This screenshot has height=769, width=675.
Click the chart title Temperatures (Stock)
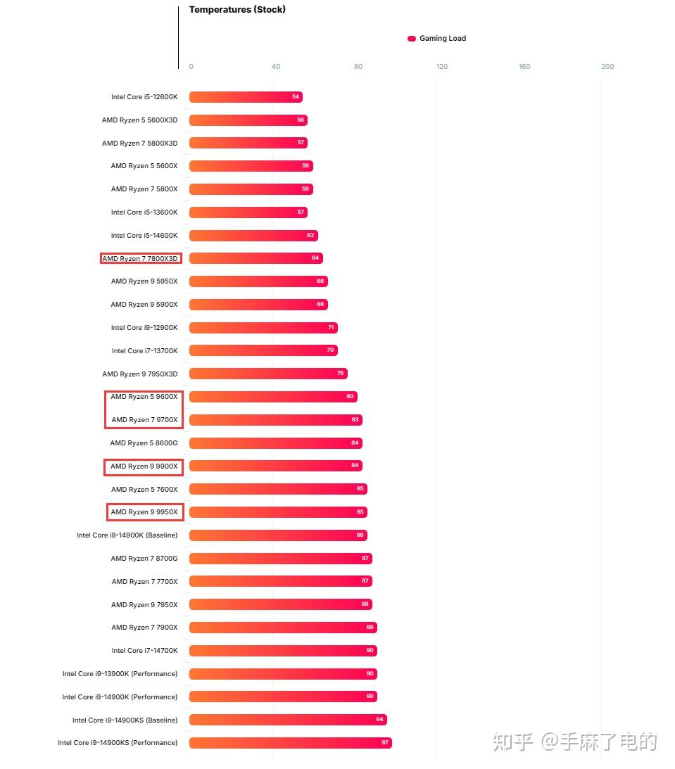click(237, 9)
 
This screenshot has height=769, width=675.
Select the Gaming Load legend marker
click(412, 38)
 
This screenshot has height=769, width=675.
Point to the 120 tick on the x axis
click(441, 67)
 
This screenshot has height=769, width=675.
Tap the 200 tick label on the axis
click(607, 67)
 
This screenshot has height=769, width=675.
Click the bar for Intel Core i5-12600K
click(246, 97)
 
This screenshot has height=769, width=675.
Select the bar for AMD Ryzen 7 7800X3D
click(256, 258)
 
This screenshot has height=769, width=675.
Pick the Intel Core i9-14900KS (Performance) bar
click(291, 742)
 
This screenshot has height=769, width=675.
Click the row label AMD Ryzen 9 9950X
click(144, 512)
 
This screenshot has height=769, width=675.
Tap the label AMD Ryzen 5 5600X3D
click(140, 120)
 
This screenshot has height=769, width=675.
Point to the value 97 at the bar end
click(384, 742)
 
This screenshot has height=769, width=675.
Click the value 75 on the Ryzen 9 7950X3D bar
click(341, 373)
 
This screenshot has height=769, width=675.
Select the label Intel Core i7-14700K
click(145, 650)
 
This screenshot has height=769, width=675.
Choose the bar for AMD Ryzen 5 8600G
click(276, 443)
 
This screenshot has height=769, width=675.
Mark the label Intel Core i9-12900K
click(144, 328)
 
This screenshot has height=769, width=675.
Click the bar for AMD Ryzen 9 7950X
click(281, 604)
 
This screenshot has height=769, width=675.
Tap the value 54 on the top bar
click(296, 96)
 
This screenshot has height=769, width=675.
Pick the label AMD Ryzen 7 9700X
click(145, 420)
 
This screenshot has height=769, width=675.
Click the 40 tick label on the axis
click(276, 67)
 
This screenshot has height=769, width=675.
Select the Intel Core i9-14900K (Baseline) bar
click(278, 535)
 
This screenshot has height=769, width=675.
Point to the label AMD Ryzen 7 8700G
click(144, 558)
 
